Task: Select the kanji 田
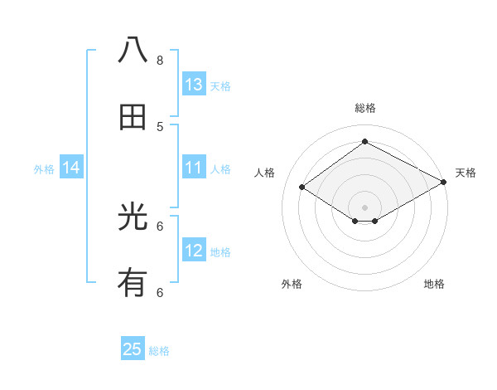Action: coord(133,117)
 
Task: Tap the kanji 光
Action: coord(133,217)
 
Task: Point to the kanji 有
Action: coord(133,284)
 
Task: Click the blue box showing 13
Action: coord(194,85)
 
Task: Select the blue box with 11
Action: coord(194,168)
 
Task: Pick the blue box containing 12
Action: coord(194,251)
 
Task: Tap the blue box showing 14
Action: coord(71,168)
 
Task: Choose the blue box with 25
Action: coord(133,349)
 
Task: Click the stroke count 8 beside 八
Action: coord(160,60)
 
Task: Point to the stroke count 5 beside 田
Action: coord(160,126)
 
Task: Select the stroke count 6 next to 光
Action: coord(160,226)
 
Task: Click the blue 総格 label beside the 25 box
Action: coord(159,351)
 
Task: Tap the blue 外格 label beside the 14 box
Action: coord(44,168)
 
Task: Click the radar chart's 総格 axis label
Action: coord(364,108)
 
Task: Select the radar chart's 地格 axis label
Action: coord(434,284)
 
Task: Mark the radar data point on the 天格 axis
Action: coord(444,183)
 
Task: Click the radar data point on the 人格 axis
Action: coord(302,188)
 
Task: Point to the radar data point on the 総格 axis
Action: coord(364,142)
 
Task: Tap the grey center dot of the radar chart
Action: coord(364,207)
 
